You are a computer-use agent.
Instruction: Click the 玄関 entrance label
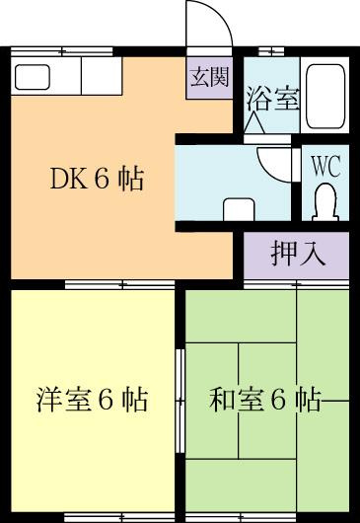click(210, 77)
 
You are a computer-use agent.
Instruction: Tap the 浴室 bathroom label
click(273, 99)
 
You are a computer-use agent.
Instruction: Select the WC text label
click(325, 166)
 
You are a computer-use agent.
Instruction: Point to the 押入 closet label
click(298, 254)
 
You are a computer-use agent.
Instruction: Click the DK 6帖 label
click(97, 179)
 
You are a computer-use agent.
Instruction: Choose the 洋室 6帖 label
click(92, 400)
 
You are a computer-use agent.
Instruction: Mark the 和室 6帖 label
click(265, 400)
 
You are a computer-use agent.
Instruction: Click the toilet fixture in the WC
click(325, 203)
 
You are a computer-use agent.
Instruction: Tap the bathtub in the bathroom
click(325, 97)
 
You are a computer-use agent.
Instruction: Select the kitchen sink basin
click(33, 77)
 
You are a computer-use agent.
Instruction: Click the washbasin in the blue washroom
click(239, 209)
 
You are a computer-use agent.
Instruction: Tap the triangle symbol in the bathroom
click(254, 122)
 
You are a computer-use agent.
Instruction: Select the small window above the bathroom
click(271, 51)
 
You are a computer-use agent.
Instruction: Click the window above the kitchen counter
click(62, 51)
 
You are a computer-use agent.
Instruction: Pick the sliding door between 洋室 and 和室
click(180, 401)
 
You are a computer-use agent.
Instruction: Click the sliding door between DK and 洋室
click(119, 285)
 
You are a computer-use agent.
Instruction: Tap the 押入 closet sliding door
click(296, 284)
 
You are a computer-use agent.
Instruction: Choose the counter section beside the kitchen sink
click(102, 76)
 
